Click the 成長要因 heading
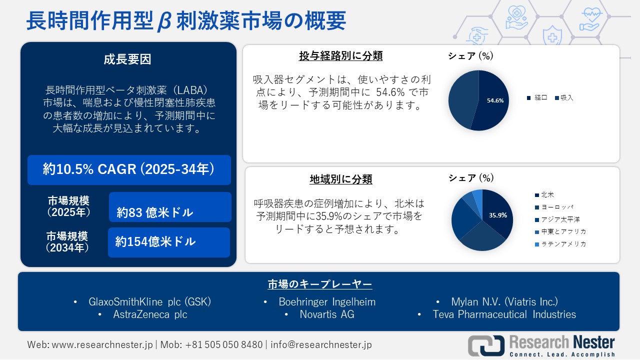127,59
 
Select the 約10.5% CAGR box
129,170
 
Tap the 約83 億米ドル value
155,212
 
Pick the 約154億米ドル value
155,242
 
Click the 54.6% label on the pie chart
495,100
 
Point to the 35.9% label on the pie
498,215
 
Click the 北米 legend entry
547,195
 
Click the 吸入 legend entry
566,98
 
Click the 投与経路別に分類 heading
340,56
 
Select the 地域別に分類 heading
340,179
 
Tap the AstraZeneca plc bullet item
150,314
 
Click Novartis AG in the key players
326,314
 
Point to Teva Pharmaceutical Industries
504,314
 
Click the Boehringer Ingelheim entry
327,302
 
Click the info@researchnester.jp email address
321,345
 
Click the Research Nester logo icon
486,346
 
